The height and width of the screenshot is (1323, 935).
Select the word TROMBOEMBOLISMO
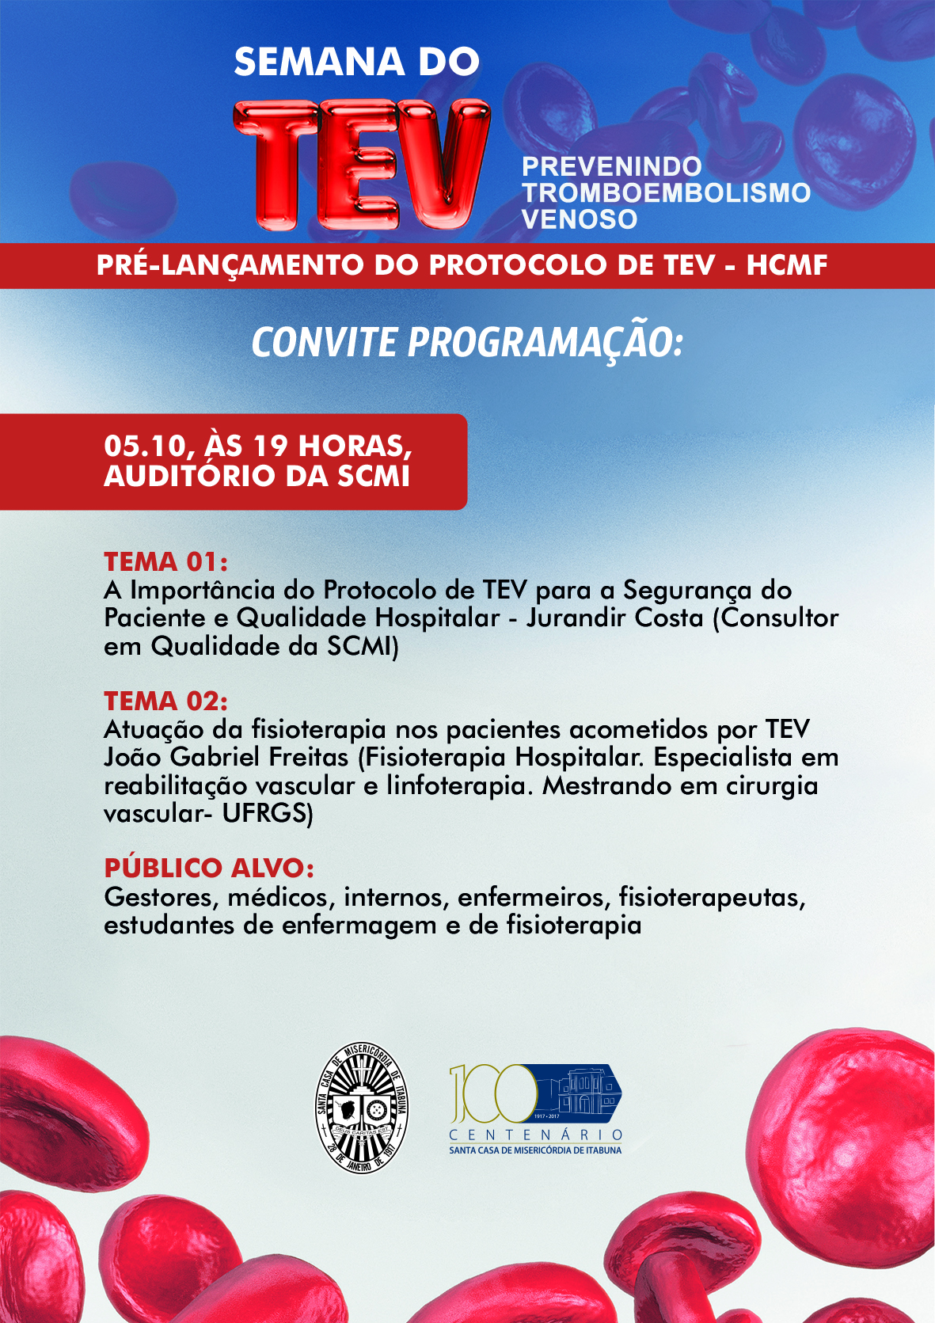tap(666, 192)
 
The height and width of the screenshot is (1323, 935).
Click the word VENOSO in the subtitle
tap(579, 219)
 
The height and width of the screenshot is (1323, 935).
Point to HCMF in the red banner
tap(786, 265)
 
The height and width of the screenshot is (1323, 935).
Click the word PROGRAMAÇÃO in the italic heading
tap(545, 343)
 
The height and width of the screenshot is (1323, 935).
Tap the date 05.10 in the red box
tap(143, 447)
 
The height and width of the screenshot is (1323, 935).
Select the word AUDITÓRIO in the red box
tap(188, 476)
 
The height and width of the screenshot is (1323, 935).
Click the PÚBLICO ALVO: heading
tap(209, 868)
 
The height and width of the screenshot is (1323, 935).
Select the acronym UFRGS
tap(267, 813)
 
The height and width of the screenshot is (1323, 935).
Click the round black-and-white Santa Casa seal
tap(363, 1107)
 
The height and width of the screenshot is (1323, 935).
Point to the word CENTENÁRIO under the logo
tap(535, 1135)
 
